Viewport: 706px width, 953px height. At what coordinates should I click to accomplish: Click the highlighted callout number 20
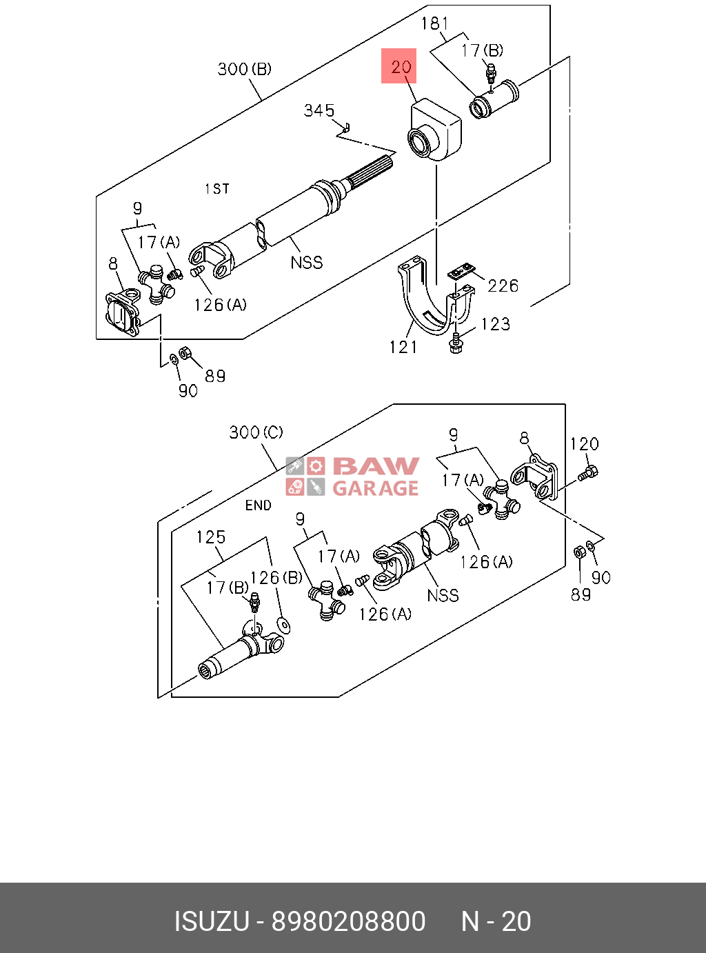(x=401, y=67)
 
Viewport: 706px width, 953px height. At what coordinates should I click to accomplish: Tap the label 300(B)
(x=245, y=69)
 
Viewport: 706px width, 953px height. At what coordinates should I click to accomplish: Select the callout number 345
(x=319, y=110)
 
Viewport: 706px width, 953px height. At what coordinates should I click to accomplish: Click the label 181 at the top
(x=434, y=23)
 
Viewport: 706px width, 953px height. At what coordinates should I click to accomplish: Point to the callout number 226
(x=503, y=285)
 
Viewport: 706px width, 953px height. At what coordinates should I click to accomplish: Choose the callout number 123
(x=496, y=324)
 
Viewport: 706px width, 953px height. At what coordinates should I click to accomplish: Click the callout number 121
(x=403, y=347)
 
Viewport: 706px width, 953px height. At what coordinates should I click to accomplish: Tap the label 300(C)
(x=256, y=432)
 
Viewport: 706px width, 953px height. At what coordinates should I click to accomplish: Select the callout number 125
(x=210, y=536)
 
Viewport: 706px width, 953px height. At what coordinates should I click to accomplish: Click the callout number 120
(x=585, y=443)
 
